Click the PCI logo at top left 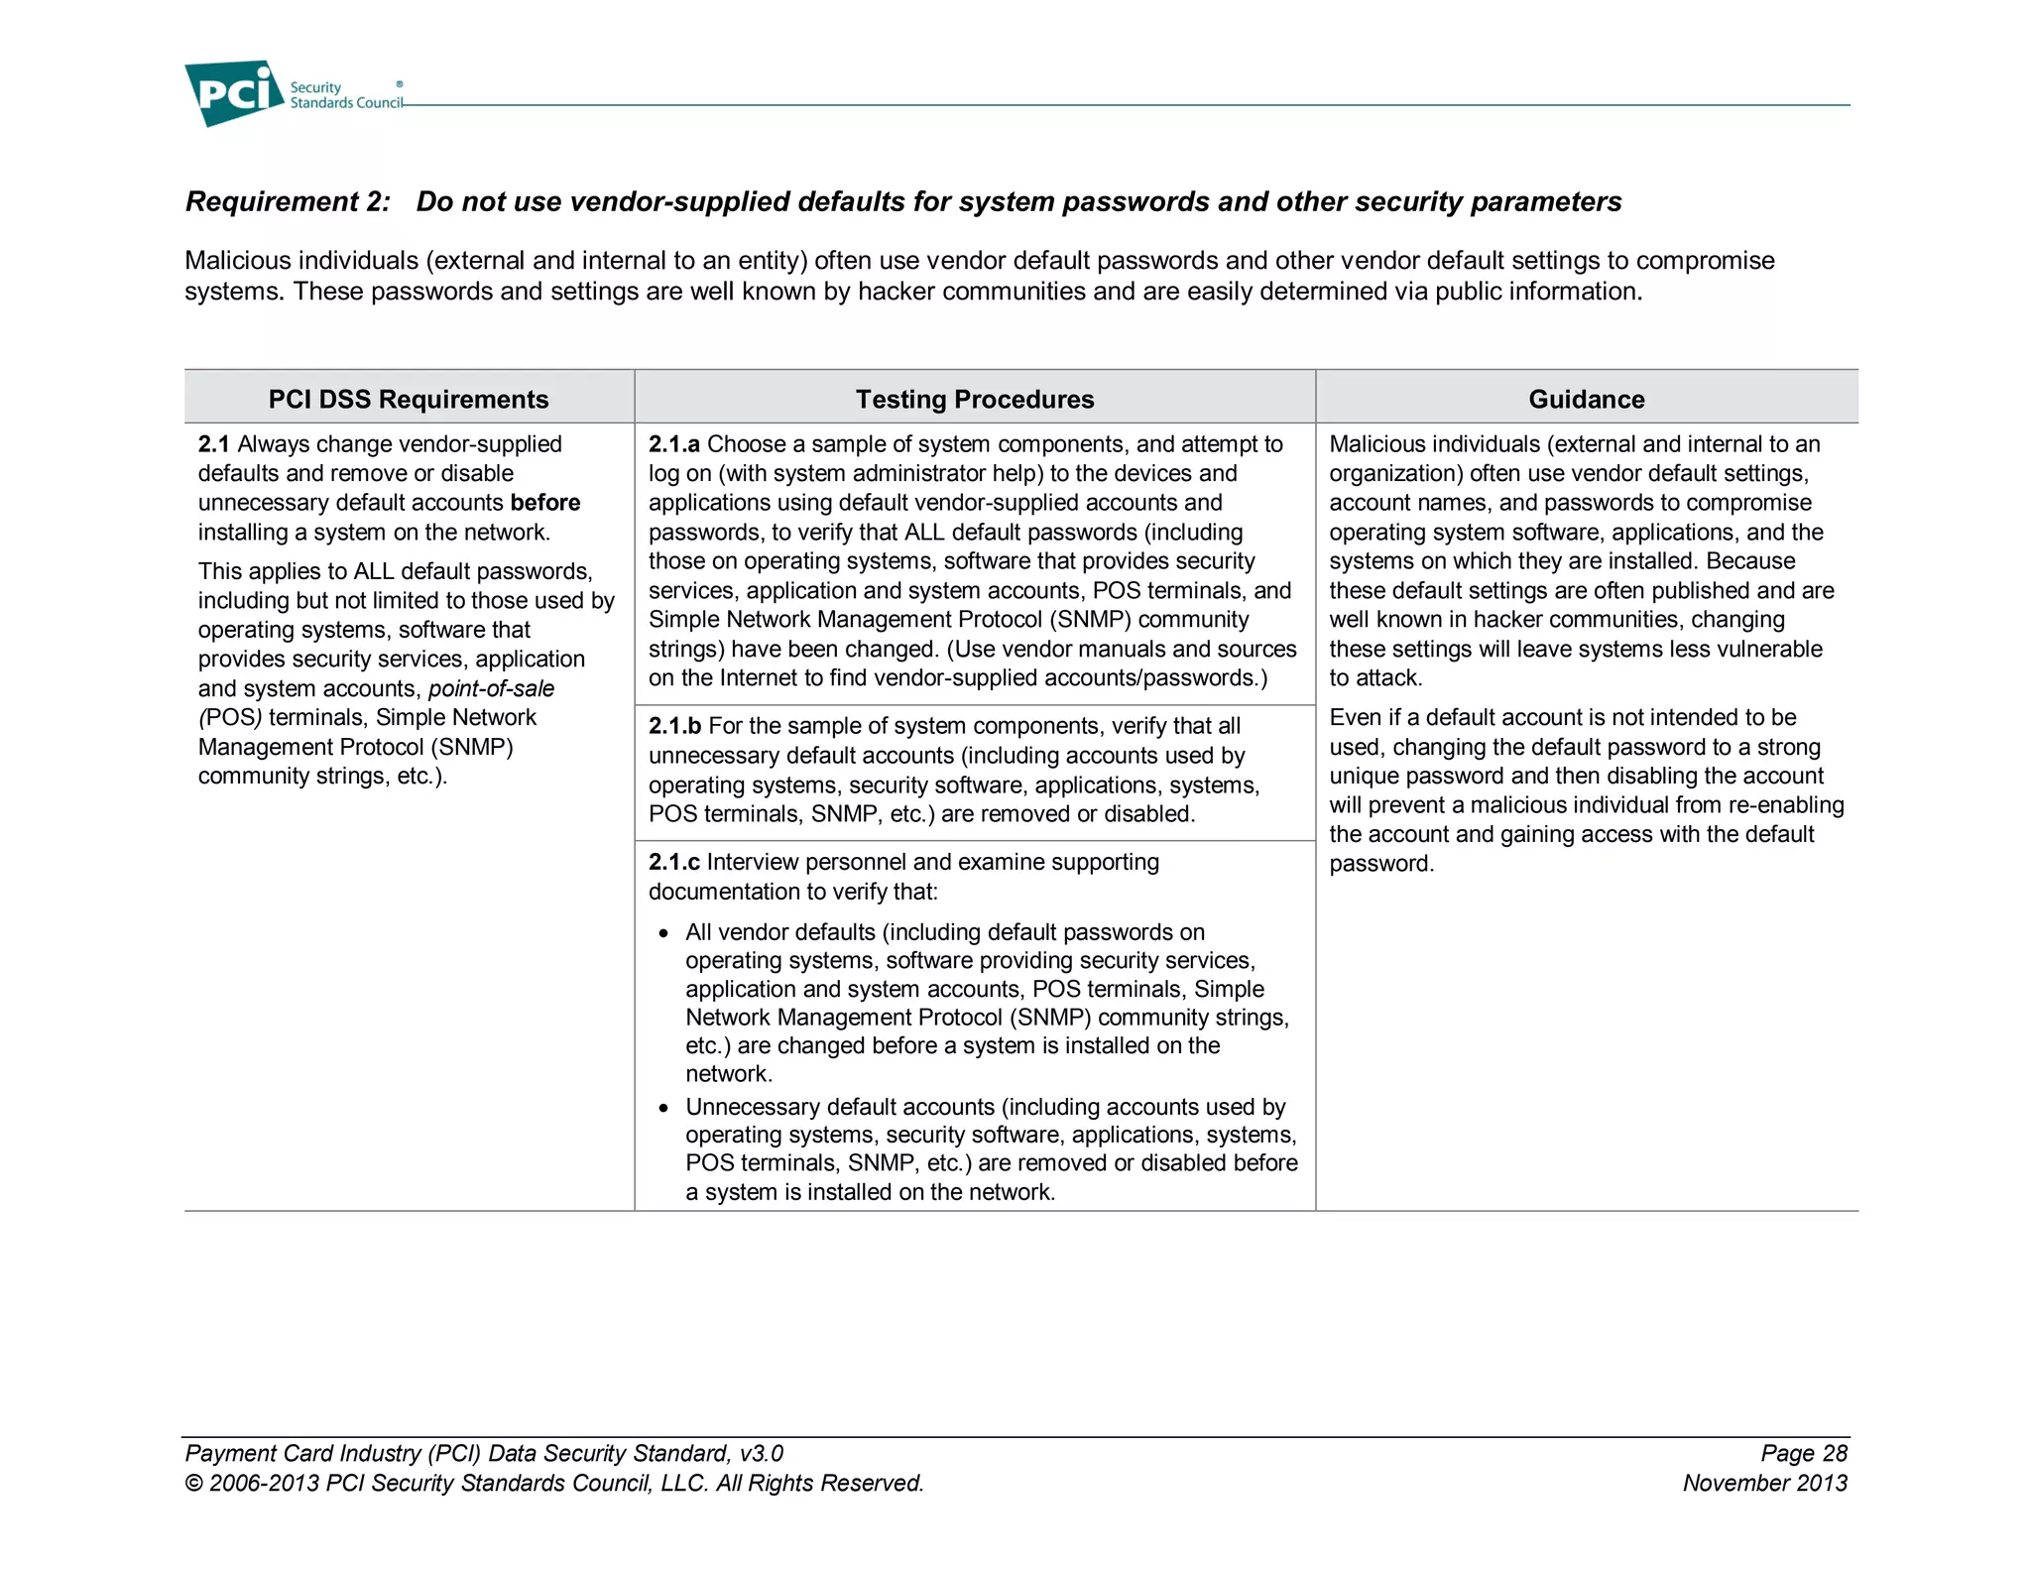pos(234,92)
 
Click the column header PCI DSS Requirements pos(408,399)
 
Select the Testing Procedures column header pos(974,399)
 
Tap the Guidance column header pos(1586,399)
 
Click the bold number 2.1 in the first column pos(213,444)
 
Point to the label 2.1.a pos(674,444)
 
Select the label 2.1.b pos(674,726)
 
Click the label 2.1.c pos(673,862)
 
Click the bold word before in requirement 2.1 pos(545,503)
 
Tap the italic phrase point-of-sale pos(492,688)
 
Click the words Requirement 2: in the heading pos(288,201)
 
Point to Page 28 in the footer pos(1804,1453)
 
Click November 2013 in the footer pos(1764,1483)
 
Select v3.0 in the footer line pos(761,1453)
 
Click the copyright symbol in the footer pos(193,1484)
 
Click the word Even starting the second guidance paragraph pos(1354,717)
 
